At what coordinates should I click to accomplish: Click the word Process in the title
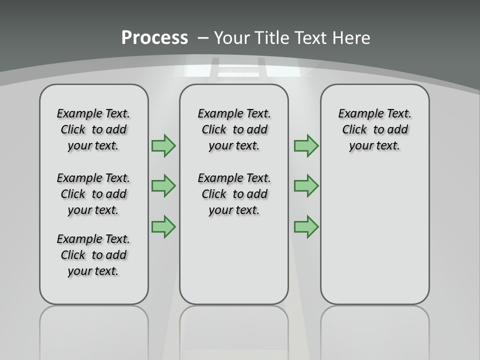click(x=154, y=37)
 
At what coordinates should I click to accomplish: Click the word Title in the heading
click(x=274, y=37)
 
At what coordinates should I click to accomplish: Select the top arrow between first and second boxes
click(x=163, y=145)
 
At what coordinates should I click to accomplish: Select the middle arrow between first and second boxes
click(x=163, y=186)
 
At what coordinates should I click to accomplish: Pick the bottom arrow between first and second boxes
click(x=163, y=226)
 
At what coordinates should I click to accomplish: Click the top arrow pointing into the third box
click(x=306, y=145)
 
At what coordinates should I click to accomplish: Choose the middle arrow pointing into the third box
click(x=306, y=186)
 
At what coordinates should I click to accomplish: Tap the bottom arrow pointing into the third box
click(x=306, y=226)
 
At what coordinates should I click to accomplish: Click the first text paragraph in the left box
click(x=93, y=129)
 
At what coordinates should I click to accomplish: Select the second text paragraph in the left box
click(x=93, y=194)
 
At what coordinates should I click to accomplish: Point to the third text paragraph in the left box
click(x=93, y=255)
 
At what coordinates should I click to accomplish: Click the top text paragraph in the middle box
click(x=234, y=129)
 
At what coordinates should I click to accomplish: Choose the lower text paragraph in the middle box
click(x=234, y=194)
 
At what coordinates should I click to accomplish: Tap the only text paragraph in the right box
click(x=375, y=129)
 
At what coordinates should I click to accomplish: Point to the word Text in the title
click(x=311, y=37)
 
